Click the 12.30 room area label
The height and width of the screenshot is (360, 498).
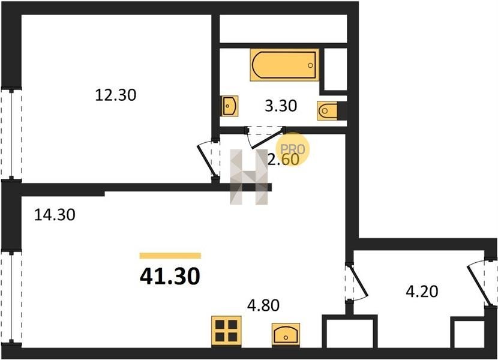click(116, 95)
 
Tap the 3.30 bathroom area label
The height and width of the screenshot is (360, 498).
click(281, 106)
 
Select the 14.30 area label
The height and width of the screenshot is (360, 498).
click(55, 214)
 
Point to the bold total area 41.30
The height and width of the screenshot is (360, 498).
click(170, 276)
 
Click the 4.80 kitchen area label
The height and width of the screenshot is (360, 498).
click(263, 305)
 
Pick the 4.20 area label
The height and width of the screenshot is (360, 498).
click(422, 292)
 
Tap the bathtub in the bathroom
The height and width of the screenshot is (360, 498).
click(284, 65)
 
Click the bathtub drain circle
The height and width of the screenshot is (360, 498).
click(310, 65)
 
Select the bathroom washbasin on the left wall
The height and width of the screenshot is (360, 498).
click(230, 106)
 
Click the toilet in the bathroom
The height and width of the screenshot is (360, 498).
click(327, 111)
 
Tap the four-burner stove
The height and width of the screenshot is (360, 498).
click(226, 331)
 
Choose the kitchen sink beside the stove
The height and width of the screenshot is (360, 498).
click(286, 334)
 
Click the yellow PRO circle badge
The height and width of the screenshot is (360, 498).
click(292, 149)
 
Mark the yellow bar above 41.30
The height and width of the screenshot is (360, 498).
click(170, 256)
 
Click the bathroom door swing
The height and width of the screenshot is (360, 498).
click(265, 137)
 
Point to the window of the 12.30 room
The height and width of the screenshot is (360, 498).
click(11, 133)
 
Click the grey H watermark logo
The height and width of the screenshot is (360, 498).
click(249, 176)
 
